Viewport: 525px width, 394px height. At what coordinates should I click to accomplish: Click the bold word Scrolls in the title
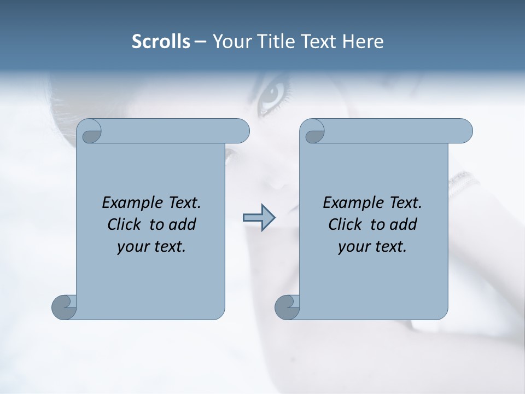coord(161,42)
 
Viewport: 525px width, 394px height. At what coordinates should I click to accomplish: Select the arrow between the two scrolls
coord(259,218)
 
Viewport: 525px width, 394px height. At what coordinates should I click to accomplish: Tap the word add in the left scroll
coord(182,224)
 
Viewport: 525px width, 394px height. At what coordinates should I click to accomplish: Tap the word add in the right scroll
coord(403,224)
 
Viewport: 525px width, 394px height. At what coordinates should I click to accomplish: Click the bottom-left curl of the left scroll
coord(63,307)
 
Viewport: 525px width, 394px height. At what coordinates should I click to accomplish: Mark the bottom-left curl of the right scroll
coord(287,307)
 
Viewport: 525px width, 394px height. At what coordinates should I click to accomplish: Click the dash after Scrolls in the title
coord(200,42)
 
